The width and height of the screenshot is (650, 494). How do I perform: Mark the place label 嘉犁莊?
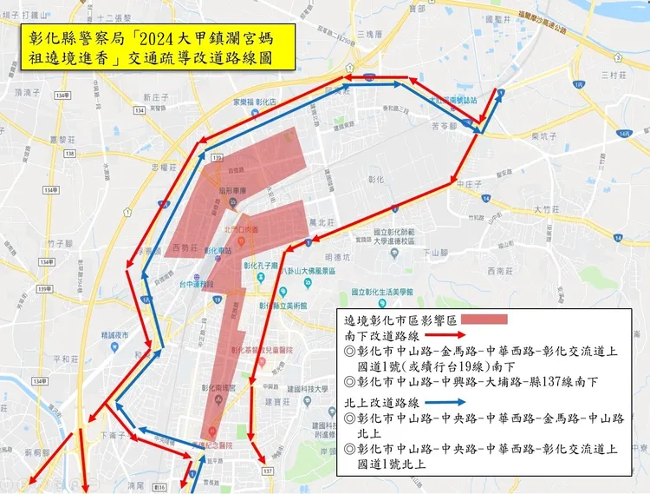click(62, 139)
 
